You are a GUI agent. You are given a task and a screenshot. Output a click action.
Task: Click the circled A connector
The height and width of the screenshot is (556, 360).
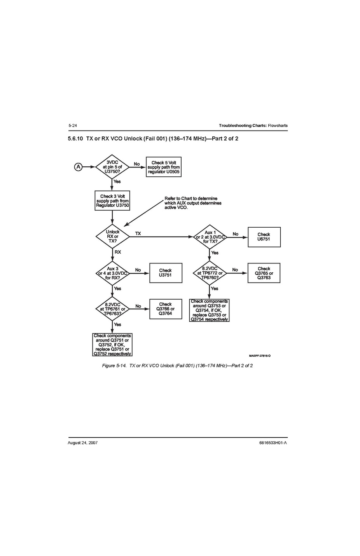click(x=78, y=167)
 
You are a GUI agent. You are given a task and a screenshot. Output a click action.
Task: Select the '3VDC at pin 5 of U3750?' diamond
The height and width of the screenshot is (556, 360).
click(x=112, y=167)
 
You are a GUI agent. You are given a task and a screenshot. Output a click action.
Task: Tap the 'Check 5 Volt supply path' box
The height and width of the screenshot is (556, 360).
click(x=164, y=167)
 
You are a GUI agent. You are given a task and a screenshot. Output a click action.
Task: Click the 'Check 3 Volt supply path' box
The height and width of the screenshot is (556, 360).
click(x=112, y=200)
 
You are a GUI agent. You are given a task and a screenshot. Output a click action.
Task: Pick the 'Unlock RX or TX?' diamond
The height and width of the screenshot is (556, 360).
click(x=113, y=236)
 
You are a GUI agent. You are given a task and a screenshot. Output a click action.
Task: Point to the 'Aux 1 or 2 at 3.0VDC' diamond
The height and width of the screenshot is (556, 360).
click(x=210, y=237)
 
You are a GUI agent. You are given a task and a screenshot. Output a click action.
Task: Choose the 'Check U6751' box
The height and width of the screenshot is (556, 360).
click(x=264, y=237)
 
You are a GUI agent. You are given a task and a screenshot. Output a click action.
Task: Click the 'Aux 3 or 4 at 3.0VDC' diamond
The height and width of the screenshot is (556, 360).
click(x=112, y=273)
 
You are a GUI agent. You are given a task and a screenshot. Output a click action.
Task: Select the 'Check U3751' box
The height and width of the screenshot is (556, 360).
click(x=166, y=273)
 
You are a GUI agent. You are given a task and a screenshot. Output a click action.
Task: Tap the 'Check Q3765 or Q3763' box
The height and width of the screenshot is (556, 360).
click(x=264, y=273)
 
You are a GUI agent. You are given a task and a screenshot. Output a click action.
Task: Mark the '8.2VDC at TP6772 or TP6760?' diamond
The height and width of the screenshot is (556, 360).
click(x=210, y=273)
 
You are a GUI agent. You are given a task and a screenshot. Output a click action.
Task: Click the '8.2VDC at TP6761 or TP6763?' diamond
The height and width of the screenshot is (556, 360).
click(x=112, y=309)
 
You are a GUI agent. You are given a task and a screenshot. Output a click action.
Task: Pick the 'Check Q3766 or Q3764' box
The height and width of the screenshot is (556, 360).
click(x=166, y=309)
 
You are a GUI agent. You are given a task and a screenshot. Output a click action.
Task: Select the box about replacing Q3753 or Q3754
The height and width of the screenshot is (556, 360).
click(x=209, y=310)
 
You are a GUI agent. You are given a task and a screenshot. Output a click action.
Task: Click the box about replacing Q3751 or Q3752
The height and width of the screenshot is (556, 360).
click(x=112, y=345)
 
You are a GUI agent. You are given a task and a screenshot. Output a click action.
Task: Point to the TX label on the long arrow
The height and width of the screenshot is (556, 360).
click(x=138, y=234)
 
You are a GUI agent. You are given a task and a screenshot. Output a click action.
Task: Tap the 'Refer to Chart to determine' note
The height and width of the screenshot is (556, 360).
click(x=193, y=203)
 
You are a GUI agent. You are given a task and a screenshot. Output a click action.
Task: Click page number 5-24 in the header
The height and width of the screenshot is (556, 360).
click(x=73, y=125)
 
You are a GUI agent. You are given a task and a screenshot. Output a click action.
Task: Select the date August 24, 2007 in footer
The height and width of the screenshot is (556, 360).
click(x=83, y=443)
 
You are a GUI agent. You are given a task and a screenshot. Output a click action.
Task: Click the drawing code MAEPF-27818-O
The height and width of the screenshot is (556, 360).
click(x=260, y=356)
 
